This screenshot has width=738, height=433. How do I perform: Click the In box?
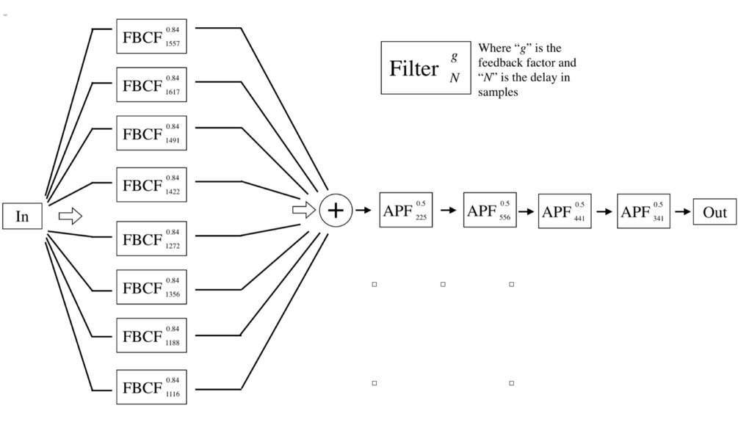tap(22, 216)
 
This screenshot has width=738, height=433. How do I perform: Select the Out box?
tap(715, 211)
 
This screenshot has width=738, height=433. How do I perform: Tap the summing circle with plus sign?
tap(336, 211)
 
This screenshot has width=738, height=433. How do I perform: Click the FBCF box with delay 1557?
tap(151, 36)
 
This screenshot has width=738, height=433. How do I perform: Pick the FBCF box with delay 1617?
tap(151, 84)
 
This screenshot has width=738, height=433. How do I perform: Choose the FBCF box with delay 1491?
tap(151, 133)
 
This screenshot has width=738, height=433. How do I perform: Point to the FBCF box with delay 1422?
tap(151, 184)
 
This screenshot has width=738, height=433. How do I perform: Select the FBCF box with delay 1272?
tap(151, 239)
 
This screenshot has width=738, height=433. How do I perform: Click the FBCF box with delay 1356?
tap(151, 287)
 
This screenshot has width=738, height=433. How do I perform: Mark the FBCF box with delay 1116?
tap(151, 386)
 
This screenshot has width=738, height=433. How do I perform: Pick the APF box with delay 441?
tap(564, 211)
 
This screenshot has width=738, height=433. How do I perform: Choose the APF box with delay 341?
tap(644, 211)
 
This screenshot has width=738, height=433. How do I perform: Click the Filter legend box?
tap(425, 68)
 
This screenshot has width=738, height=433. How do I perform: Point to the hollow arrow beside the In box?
tap(70, 216)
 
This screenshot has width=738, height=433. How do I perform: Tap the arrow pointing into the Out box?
tap(683, 211)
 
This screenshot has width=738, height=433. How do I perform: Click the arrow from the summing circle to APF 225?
tap(363, 211)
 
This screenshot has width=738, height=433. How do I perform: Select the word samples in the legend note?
tap(498, 92)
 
